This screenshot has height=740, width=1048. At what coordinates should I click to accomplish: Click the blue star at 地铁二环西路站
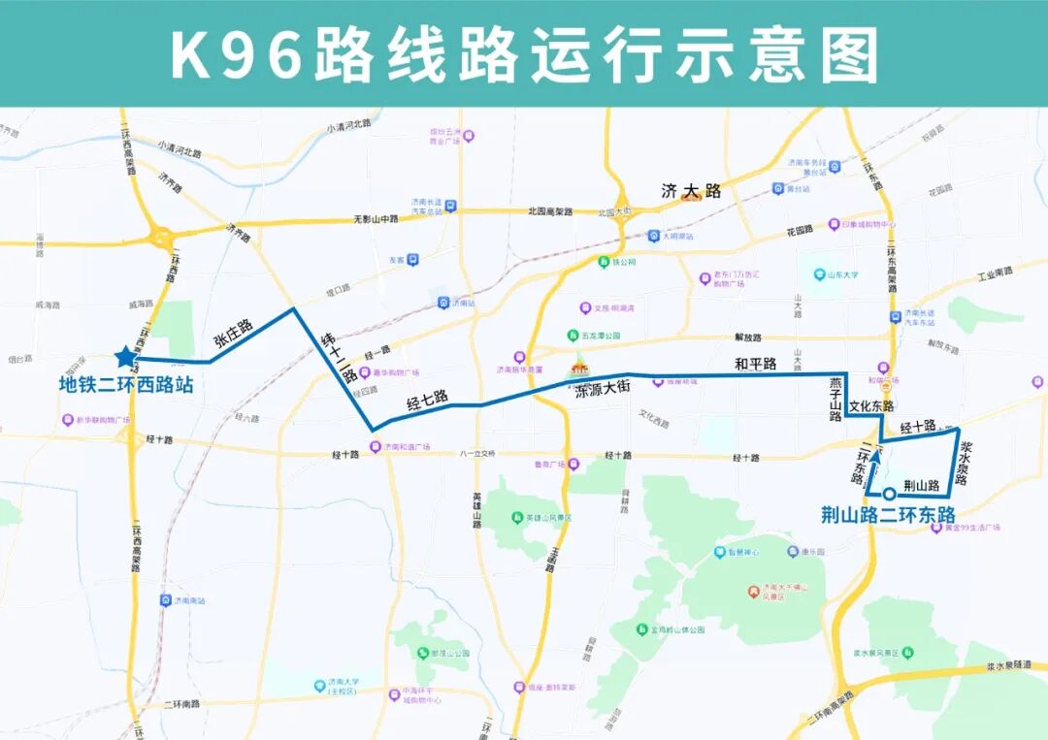(126, 356)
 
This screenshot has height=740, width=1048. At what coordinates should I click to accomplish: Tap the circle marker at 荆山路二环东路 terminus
(889, 493)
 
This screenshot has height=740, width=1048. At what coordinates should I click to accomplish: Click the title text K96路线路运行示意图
(524, 53)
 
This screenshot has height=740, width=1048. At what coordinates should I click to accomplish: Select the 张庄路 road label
(233, 332)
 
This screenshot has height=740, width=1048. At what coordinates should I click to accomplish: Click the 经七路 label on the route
(427, 398)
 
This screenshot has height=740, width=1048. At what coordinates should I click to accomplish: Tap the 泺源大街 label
(604, 388)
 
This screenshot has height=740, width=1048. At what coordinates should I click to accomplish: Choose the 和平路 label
(755, 364)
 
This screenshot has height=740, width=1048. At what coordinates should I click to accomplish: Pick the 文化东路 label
(871, 405)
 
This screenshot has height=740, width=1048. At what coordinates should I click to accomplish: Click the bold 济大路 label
(691, 192)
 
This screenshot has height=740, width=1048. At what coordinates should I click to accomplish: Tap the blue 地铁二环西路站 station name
(126, 385)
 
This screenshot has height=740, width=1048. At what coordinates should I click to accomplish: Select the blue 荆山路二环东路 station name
(889, 514)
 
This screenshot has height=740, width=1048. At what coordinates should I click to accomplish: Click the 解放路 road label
(748, 338)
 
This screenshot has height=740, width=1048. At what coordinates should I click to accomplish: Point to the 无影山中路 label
(375, 218)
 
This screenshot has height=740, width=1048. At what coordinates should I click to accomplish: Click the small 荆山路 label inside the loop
(921, 485)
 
